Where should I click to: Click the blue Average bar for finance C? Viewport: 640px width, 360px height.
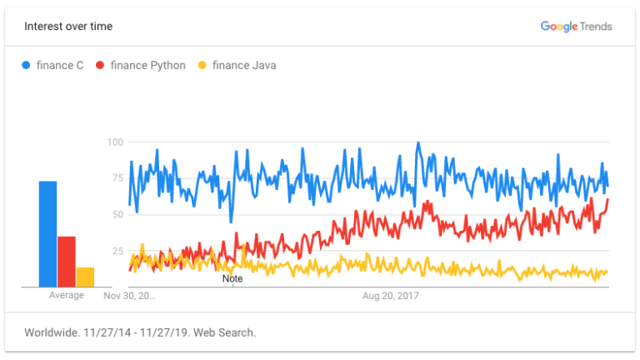click(47, 234)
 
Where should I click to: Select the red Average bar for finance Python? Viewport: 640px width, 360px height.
click(67, 262)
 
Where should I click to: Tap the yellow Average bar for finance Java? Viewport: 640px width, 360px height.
click(85, 277)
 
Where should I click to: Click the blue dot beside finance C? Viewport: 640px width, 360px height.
click(27, 66)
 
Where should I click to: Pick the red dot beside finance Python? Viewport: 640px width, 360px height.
click(101, 66)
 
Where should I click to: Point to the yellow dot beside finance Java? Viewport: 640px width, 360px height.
click(202, 66)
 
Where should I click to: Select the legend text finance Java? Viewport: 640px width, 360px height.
click(244, 66)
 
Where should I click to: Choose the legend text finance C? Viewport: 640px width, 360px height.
click(60, 66)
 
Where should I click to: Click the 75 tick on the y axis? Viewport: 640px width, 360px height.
click(117, 178)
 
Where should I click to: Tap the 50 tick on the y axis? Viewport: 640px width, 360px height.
click(117, 214)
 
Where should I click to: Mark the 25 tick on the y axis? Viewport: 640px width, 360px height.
click(117, 251)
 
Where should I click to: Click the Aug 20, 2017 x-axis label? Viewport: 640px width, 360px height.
click(391, 296)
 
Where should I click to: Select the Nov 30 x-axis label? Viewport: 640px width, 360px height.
click(129, 296)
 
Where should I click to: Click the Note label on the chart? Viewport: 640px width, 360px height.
click(232, 278)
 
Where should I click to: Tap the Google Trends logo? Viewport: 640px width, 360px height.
click(576, 27)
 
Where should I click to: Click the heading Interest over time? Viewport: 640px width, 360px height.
click(68, 27)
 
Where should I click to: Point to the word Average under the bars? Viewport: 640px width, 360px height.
click(67, 296)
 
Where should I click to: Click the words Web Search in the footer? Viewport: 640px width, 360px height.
click(226, 332)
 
